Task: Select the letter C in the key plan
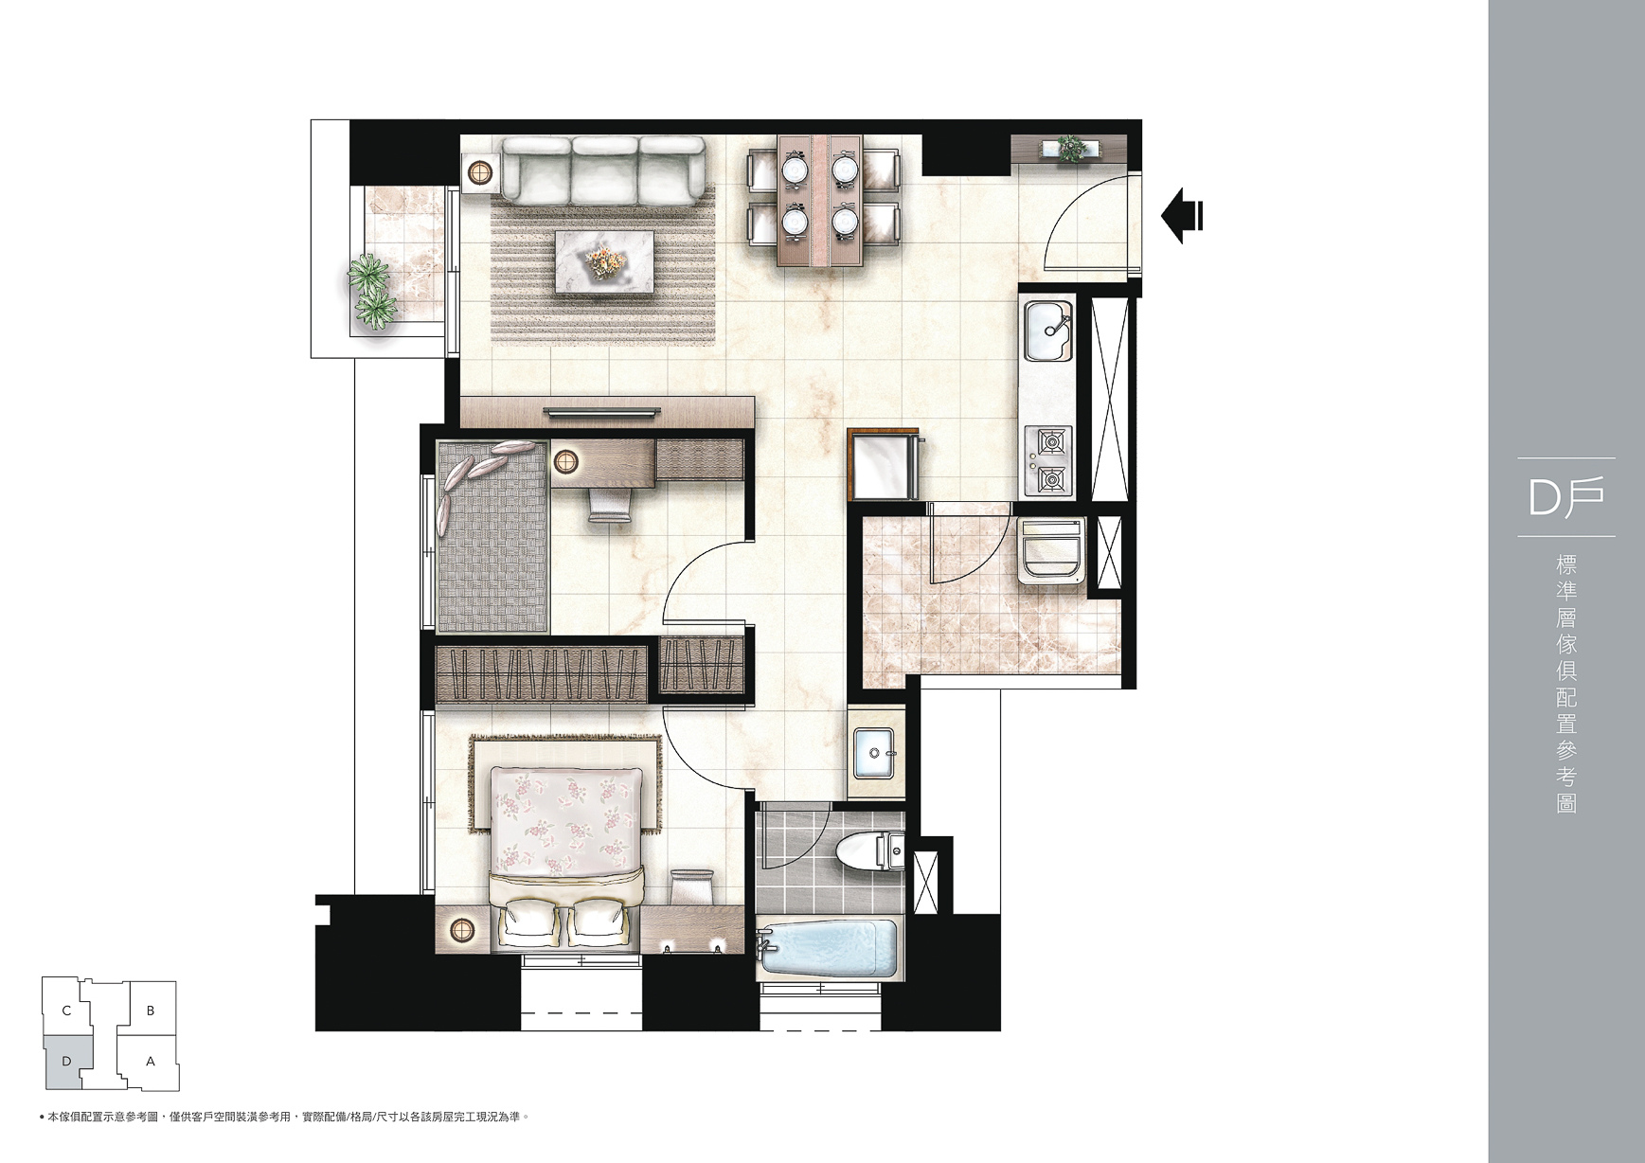[66, 1011]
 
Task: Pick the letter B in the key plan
[151, 1011]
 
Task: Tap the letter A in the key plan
[151, 1062]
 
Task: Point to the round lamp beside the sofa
[481, 172]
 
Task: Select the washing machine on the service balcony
[1051, 550]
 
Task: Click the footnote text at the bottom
[283, 1118]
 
